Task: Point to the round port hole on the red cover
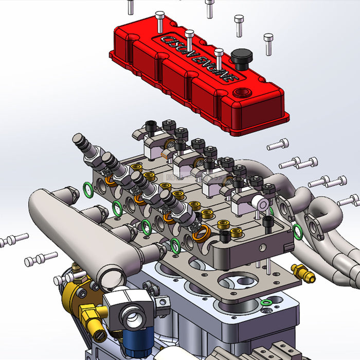(x=240, y=94)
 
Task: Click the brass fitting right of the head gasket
(x=303, y=274)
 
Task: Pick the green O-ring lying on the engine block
(x=266, y=303)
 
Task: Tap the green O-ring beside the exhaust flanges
(x=297, y=231)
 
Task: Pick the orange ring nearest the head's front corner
(x=201, y=231)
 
